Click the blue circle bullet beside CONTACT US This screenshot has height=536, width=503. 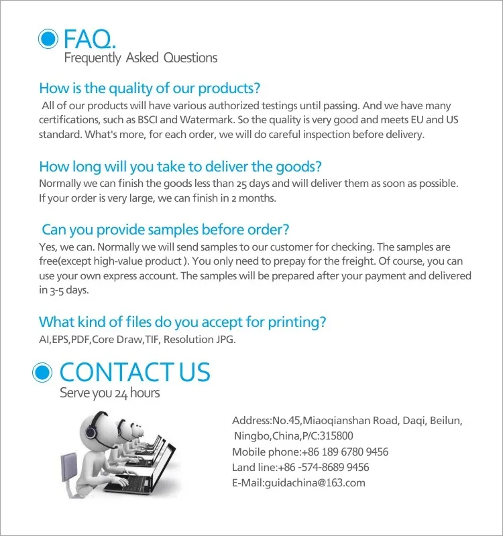[x=44, y=372]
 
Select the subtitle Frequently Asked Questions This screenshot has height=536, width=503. [x=141, y=58]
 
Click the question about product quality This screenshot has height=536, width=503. [x=150, y=88]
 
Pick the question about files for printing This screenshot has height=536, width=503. [x=182, y=322]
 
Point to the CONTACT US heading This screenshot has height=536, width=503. [x=135, y=372]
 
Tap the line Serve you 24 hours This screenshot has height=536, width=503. [x=110, y=393]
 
